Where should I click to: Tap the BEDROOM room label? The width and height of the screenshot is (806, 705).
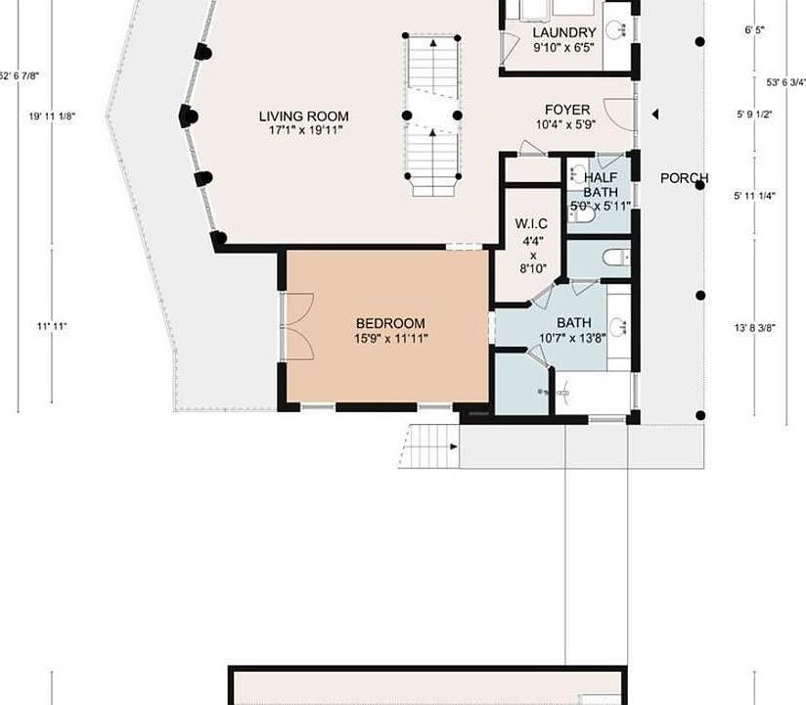click(x=390, y=324)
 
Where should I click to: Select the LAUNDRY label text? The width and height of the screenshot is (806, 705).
click(x=564, y=32)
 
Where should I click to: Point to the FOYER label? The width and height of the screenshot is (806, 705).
click(x=567, y=110)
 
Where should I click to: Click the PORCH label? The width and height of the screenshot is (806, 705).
click(x=684, y=178)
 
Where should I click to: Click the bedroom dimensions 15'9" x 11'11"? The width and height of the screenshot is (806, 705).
click(x=390, y=339)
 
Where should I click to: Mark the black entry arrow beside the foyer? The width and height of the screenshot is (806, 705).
click(x=655, y=115)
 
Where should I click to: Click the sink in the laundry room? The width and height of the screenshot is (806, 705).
click(x=616, y=27)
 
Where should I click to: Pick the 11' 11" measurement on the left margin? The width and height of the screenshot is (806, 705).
click(x=53, y=325)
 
